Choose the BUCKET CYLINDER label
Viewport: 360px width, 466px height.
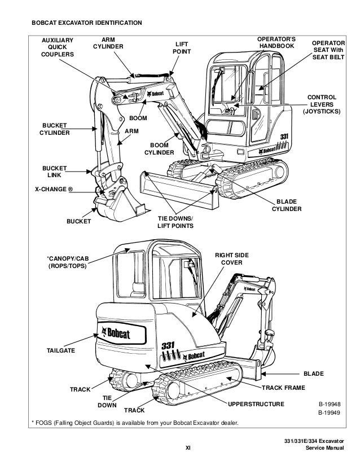click(54, 129)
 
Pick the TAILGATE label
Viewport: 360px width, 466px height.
click(60, 350)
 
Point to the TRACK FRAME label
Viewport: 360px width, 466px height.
click(283, 389)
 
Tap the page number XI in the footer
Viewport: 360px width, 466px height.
click(188, 449)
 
